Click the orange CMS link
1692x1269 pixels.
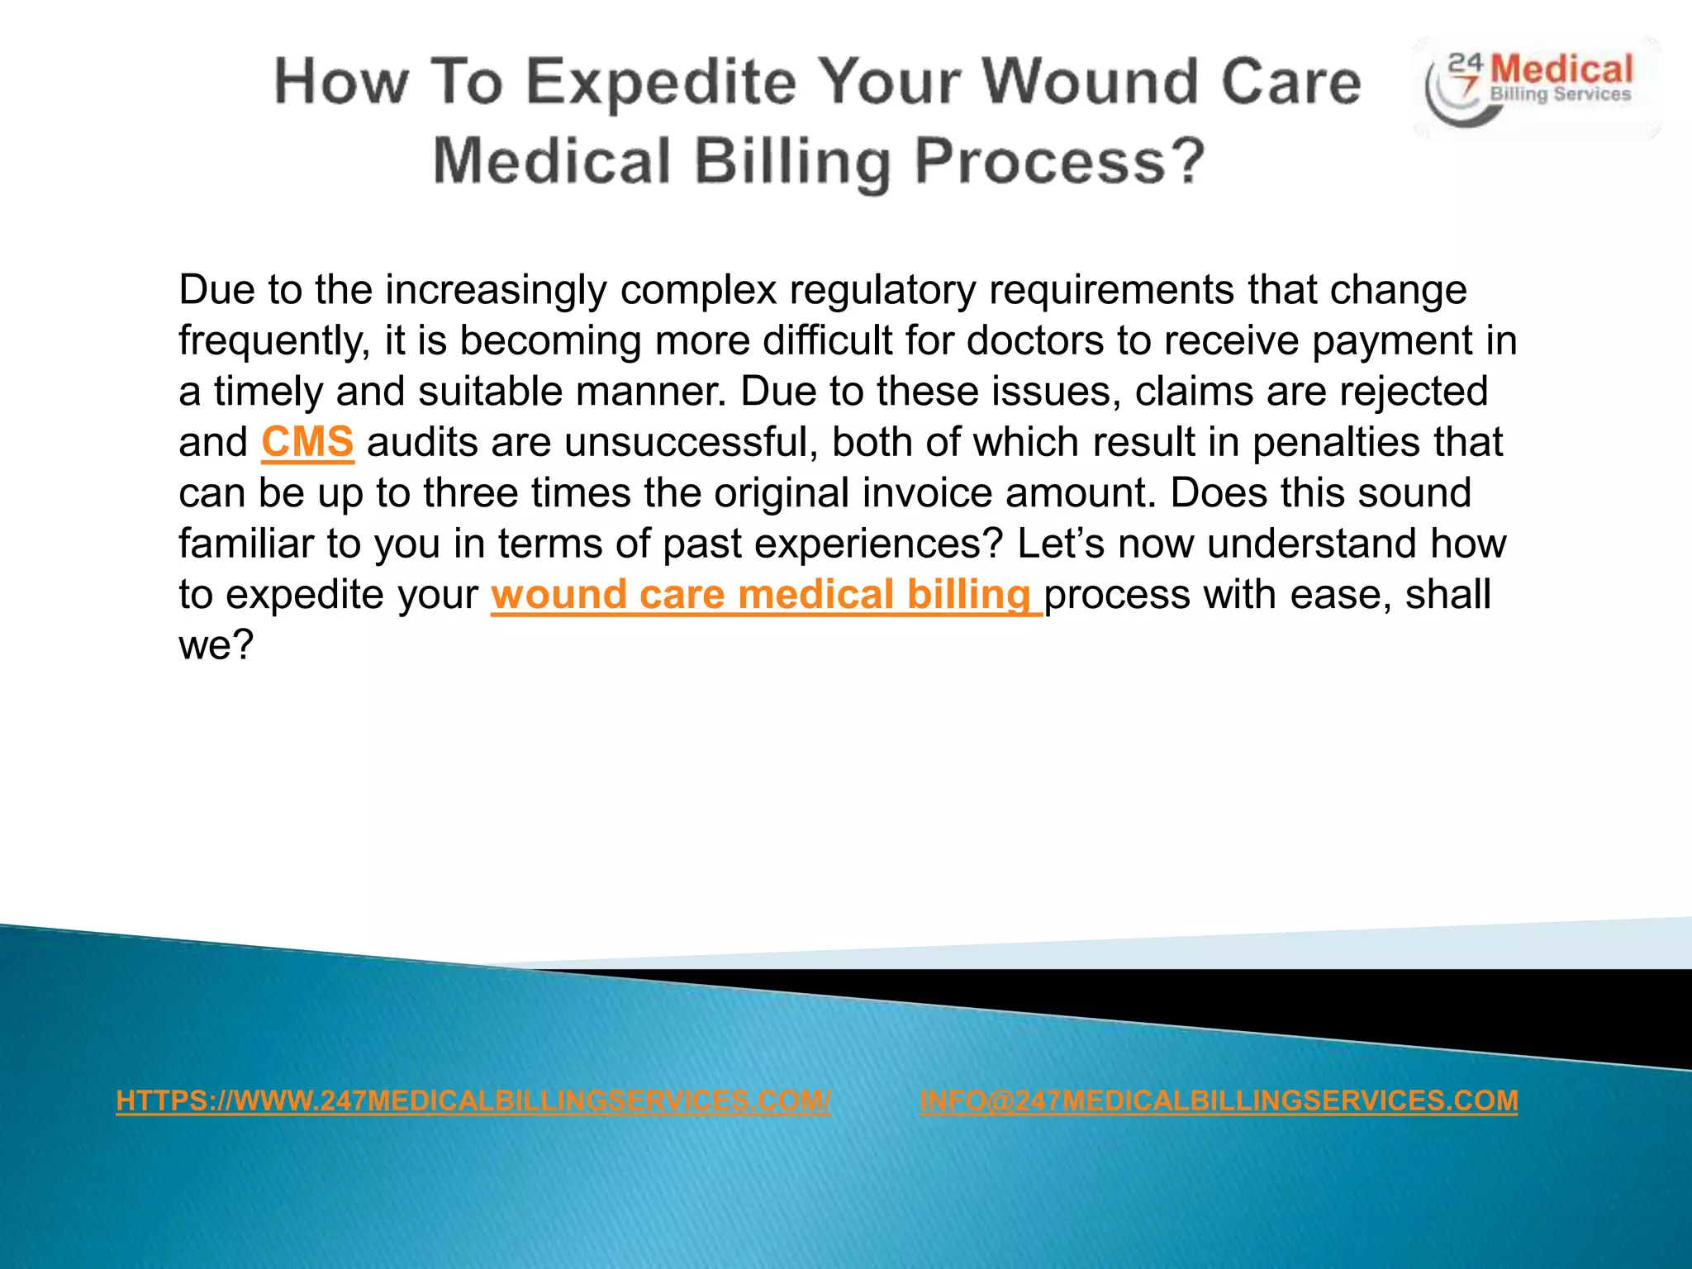307,442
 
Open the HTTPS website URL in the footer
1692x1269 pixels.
473,1100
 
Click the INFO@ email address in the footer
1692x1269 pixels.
1219,1100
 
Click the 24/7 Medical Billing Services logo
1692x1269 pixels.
1535,87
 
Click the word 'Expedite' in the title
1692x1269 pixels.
661,83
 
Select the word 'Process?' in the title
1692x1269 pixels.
1060,161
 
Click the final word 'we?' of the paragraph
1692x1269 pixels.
216,645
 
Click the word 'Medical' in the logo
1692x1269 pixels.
1562,69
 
